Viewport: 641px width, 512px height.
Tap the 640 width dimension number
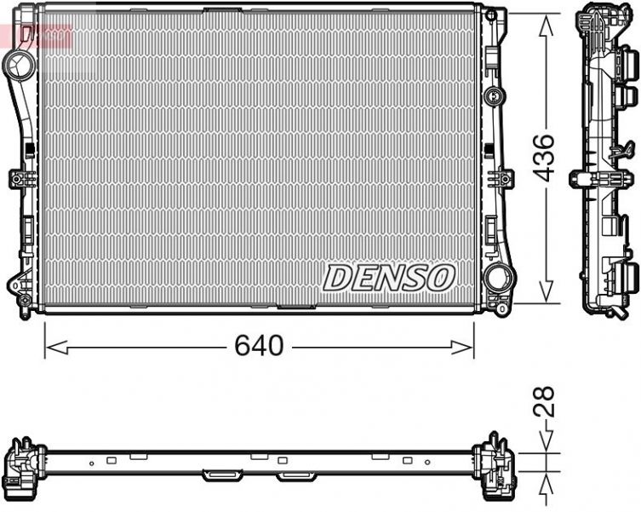tap(259, 346)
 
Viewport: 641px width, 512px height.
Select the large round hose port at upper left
tap(17, 62)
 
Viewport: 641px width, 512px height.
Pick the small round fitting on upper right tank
tap(492, 95)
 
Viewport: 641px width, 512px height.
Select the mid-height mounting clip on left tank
tap(20, 179)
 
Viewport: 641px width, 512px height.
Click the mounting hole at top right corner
tap(491, 15)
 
